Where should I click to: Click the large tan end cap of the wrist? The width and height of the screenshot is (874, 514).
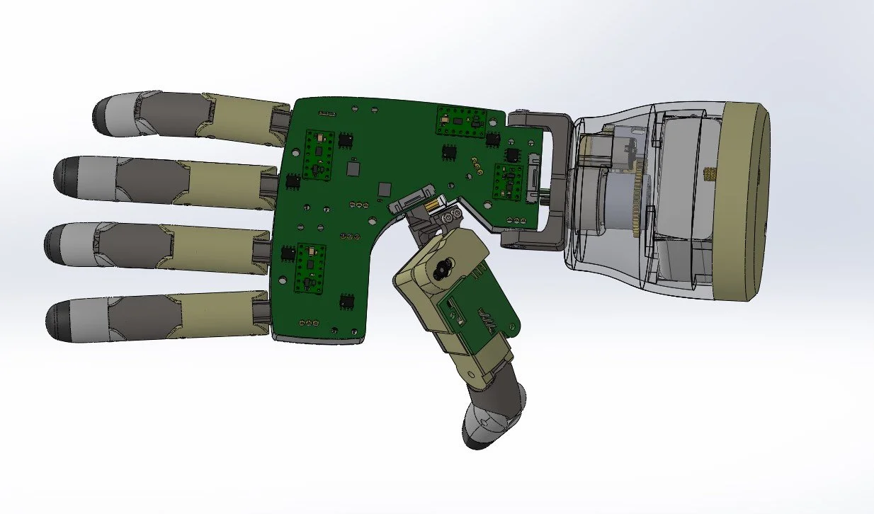747,202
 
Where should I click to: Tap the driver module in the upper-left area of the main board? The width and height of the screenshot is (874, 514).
319,153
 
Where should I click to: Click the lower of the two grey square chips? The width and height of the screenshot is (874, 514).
385,189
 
